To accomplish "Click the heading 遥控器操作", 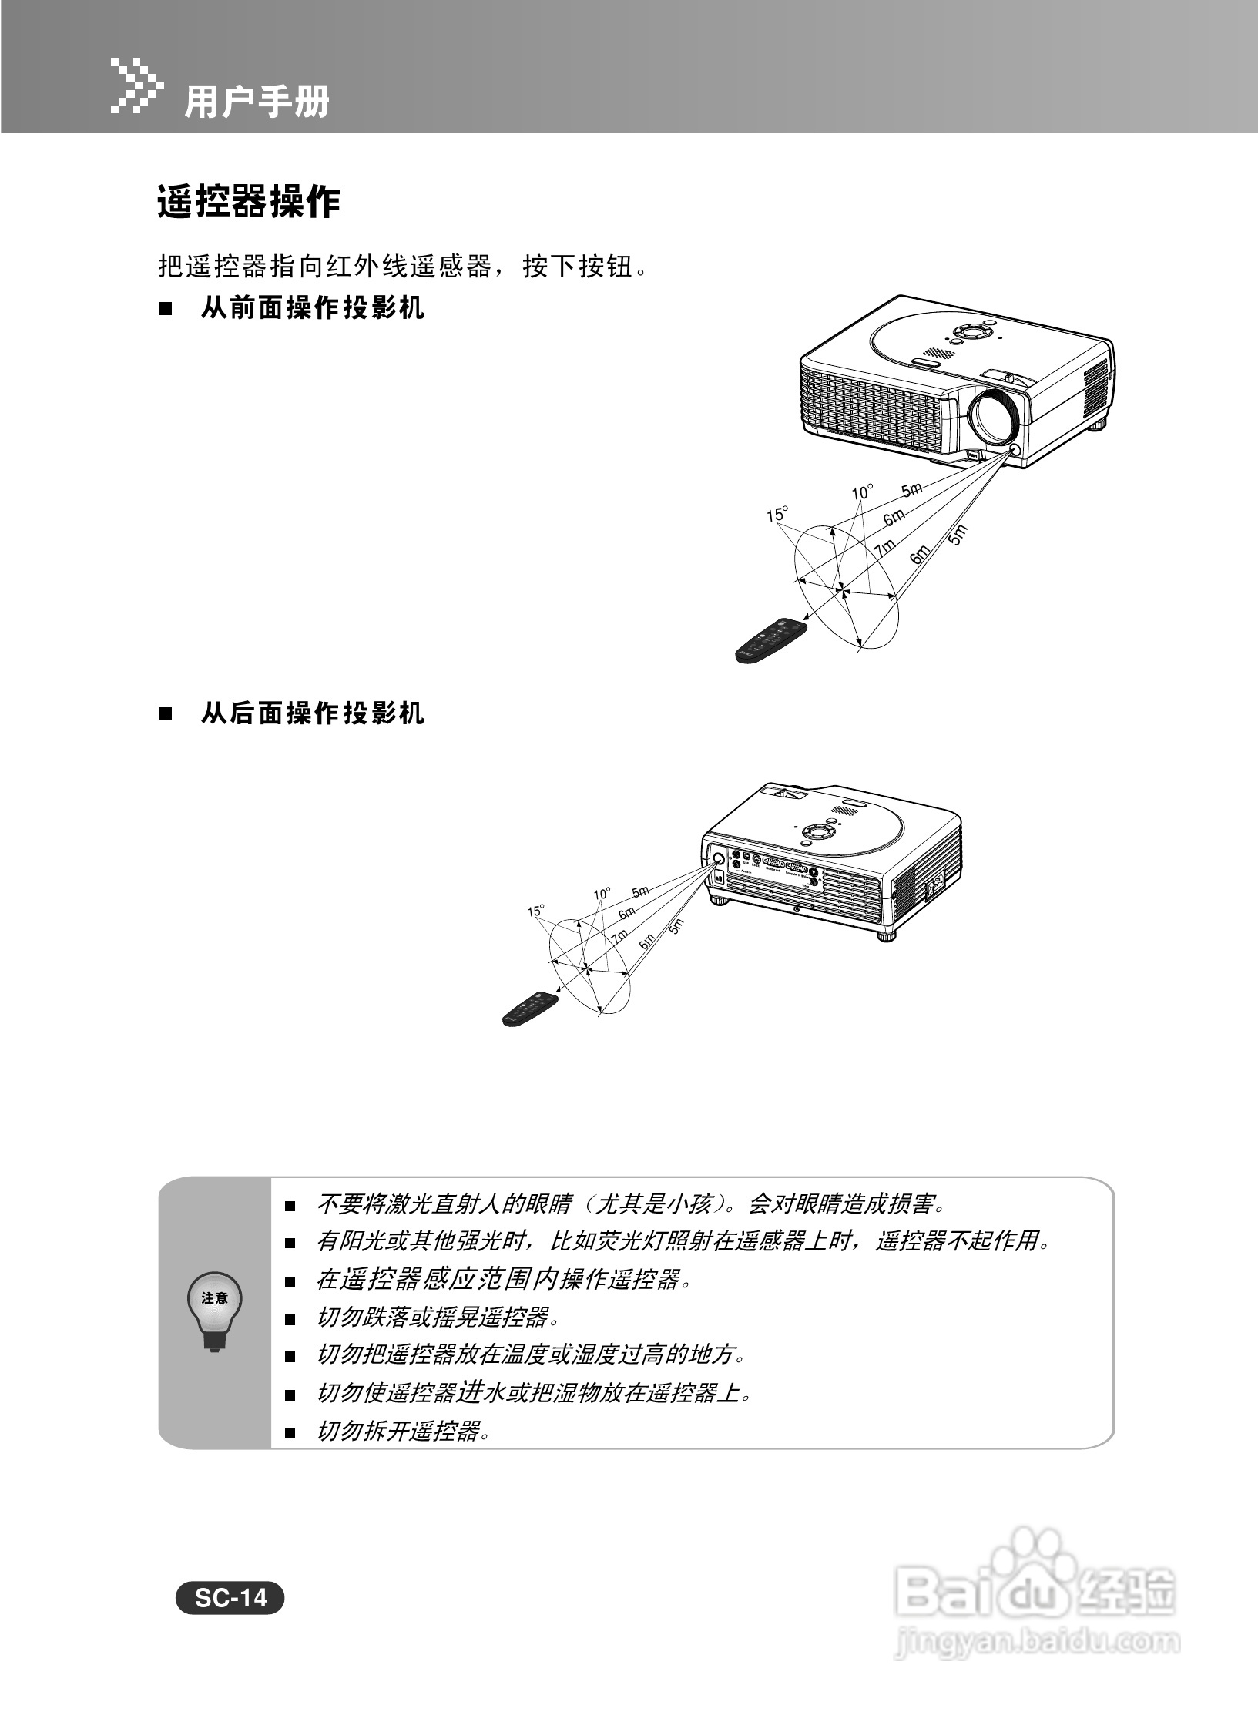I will point(249,203).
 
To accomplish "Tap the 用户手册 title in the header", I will point(257,101).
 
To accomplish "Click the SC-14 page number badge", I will point(230,1598).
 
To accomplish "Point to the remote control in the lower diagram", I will point(530,1009).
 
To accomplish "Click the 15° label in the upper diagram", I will point(777,514).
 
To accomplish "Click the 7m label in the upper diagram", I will point(885,549).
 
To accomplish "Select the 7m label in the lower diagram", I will point(619,937).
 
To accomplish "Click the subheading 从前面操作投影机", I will point(312,309).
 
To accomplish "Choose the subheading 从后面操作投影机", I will point(312,714).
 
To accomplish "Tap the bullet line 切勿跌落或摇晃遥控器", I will point(435,1317).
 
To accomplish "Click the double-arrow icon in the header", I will point(137,84).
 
